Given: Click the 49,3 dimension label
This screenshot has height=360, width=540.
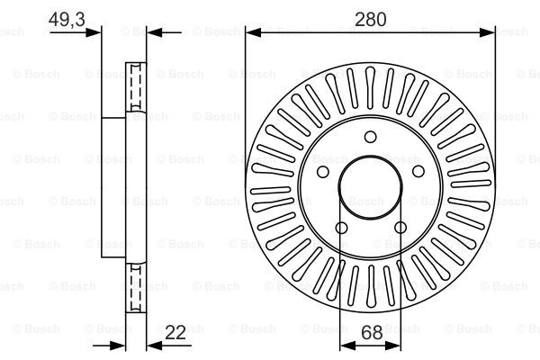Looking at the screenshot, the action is tap(67, 19).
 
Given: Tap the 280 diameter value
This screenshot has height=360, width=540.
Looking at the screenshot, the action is tap(370, 19).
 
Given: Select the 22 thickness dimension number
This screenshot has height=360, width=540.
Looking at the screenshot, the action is tap(175, 332).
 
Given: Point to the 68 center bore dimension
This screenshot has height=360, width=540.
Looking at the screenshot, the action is tap(372, 332).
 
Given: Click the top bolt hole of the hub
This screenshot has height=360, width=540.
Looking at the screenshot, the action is tap(370, 137).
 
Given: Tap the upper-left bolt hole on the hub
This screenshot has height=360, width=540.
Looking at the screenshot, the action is tap(323, 172).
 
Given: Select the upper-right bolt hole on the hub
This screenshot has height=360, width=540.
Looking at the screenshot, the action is tap(418, 171).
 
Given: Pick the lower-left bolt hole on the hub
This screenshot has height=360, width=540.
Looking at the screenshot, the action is tap(341, 228).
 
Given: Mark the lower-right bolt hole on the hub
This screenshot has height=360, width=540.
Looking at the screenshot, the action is tap(400, 228).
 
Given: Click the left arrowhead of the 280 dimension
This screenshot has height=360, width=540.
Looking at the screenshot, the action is tap(253, 32).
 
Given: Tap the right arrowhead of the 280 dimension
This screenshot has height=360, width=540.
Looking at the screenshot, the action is tap(487, 32).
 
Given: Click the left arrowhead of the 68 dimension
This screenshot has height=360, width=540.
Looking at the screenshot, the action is tap(347, 346).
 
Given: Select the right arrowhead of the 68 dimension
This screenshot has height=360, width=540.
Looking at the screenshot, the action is tap(393, 346).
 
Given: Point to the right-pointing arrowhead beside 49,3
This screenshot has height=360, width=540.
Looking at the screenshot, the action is tap(94, 32).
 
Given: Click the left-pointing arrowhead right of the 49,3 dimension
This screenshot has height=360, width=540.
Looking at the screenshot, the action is tap(155, 32).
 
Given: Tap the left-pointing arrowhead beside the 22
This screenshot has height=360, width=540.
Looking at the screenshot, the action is tap(155, 346).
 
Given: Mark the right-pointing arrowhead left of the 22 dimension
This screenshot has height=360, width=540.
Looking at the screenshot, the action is tap(118, 346).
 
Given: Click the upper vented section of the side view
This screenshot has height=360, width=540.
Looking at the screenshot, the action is tap(136, 87).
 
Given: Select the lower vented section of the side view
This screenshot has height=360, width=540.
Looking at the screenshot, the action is tap(136, 288).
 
